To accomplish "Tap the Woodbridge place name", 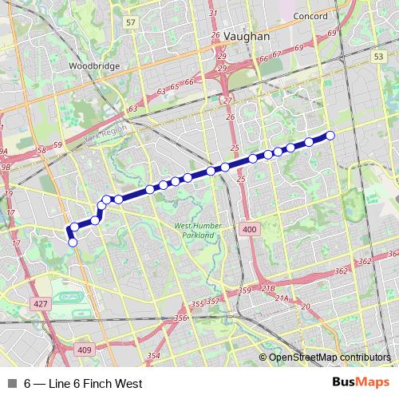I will (x=93, y=65).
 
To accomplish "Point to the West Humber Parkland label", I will (x=196, y=231).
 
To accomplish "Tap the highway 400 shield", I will (x=249, y=230).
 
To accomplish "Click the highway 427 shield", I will (x=39, y=304).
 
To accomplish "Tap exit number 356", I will (x=181, y=318).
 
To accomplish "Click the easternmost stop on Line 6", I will (x=330, y=134).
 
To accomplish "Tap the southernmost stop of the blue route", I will (x=73, y=242).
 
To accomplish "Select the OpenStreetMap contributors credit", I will (x=330, y=357).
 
